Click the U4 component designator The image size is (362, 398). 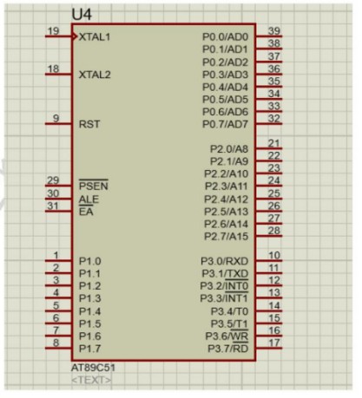click(82, 15)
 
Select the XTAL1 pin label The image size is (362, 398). click(95, 37)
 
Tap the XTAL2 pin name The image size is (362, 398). click(95, 75)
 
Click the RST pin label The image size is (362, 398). click(89, 124)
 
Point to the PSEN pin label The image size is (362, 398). click(94, 186)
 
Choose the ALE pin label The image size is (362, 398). click(89, 199)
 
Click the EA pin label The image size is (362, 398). click(86, 212)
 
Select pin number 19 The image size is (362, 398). click(54, 30)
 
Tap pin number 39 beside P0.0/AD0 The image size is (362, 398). click(274, 30)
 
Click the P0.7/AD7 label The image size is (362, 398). click(225, 124)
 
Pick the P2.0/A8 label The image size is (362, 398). click(229, 149)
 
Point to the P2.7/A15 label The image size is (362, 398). click(226, 237)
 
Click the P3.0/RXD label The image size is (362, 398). click(224, 261)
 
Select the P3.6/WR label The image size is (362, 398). click(227, 336)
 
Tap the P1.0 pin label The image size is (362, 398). click(90, 261)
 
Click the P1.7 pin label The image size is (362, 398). click(90, 349)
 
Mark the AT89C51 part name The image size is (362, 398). click(93, 368)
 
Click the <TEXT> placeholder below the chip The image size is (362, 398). click(91, 380)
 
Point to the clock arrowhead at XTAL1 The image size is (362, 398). click(75, 36)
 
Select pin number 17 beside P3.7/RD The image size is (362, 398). click(274, 343)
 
